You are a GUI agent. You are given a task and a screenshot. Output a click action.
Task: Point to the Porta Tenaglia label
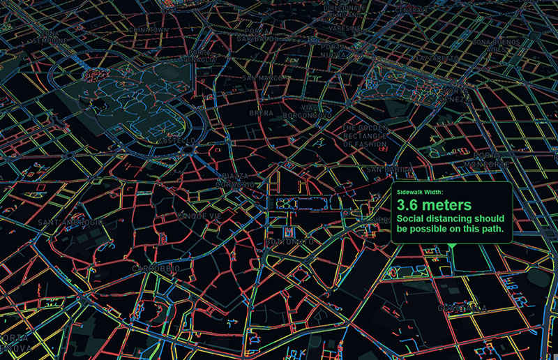point(200,56)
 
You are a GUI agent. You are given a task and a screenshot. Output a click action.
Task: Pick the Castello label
point(176,140)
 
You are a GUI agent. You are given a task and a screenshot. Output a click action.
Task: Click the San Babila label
point(388,170)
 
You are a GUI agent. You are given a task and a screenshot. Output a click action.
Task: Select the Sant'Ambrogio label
point(71,222)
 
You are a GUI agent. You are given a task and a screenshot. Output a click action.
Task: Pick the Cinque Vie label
point(200,216)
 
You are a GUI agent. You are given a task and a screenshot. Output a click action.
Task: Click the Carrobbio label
point(156,268)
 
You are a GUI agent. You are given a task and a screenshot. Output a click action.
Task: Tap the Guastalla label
point(462,307)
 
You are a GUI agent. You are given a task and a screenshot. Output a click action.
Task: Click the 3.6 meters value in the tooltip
point(430,205)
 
